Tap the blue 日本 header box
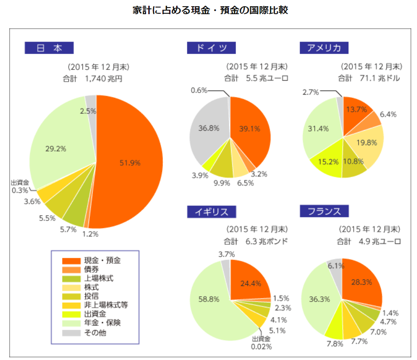[x=49, y=47]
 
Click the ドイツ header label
[x=211, y=48]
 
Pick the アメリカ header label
[x=324, y=48]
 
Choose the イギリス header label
[x=211, y=212]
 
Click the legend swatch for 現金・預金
[x=70, y=261]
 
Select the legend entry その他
[x=95, y=333]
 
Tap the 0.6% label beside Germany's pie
[x=199, y=90]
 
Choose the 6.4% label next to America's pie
[x=388, y=114]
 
